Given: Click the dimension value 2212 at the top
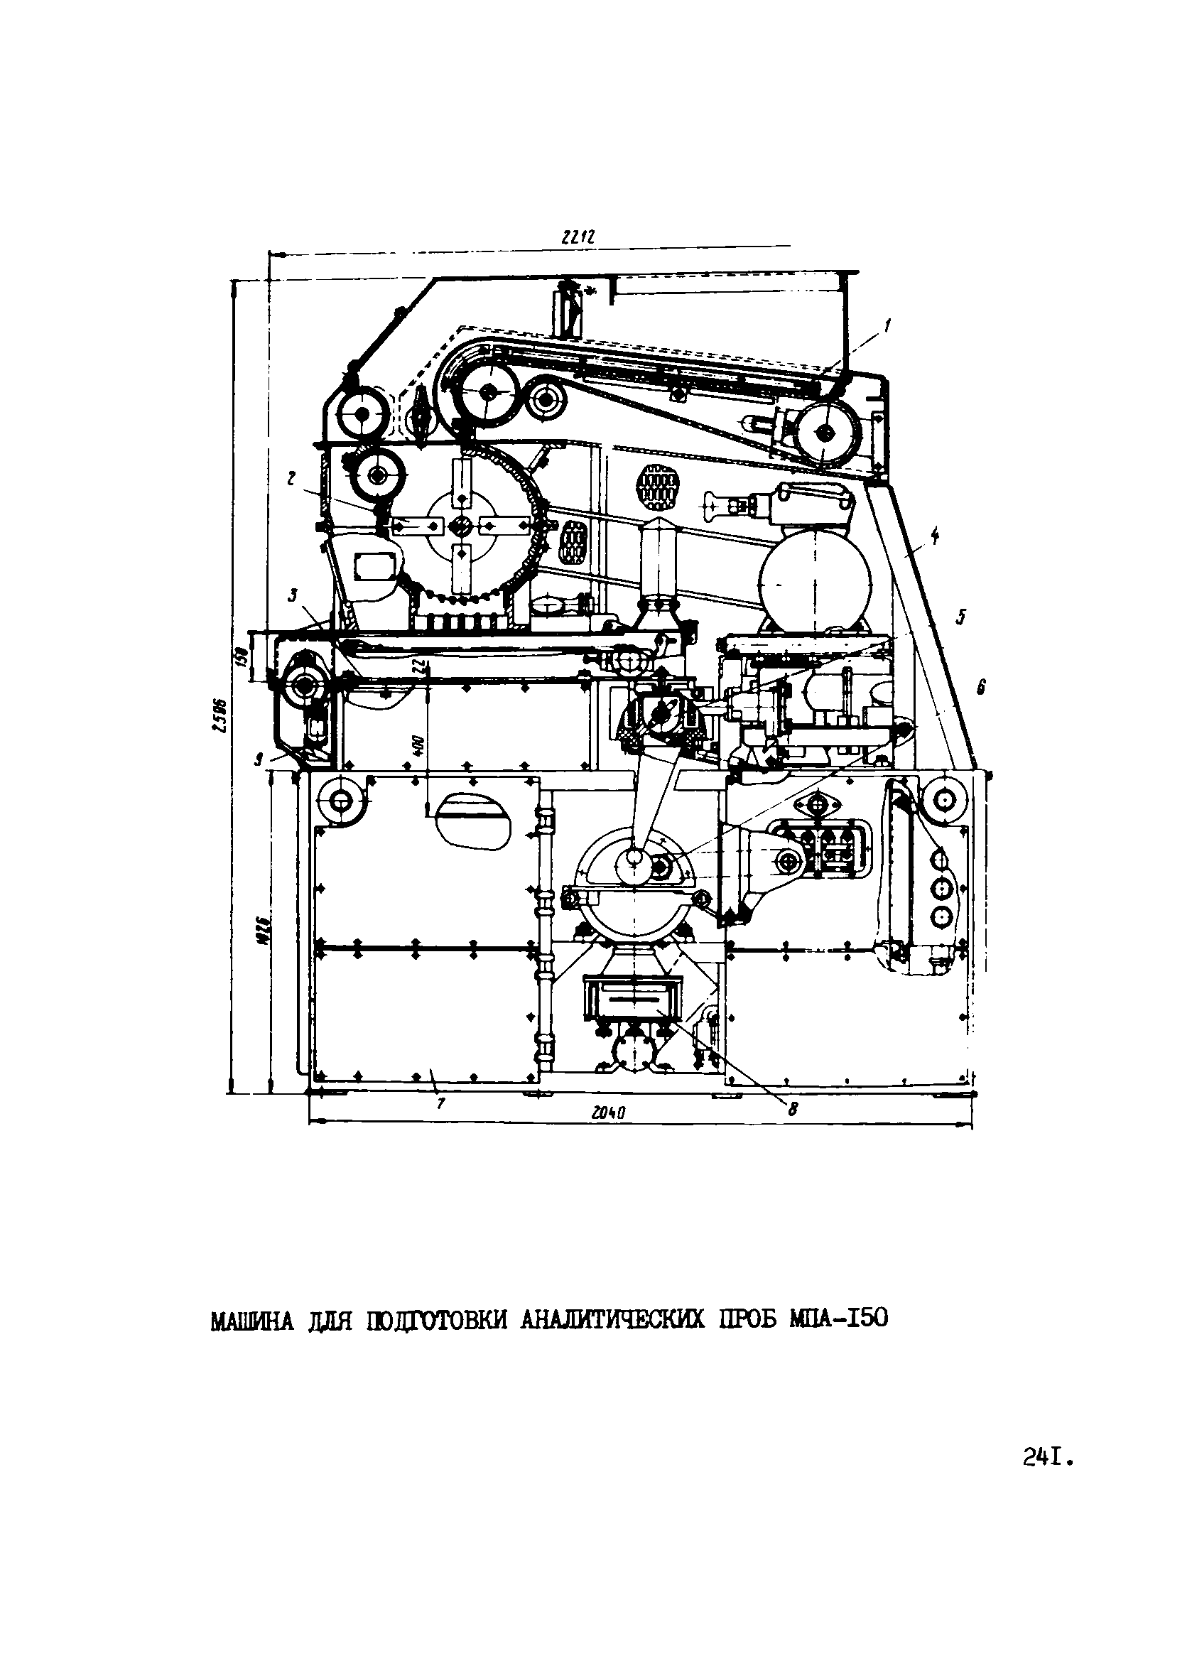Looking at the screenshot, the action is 576,237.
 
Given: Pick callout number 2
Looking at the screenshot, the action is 291,479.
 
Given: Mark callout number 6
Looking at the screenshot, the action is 980,687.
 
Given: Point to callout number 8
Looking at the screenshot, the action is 792,1110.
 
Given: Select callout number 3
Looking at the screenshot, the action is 291,596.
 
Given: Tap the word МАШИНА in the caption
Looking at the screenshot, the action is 251,1320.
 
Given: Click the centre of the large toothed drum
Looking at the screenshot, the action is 461,525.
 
